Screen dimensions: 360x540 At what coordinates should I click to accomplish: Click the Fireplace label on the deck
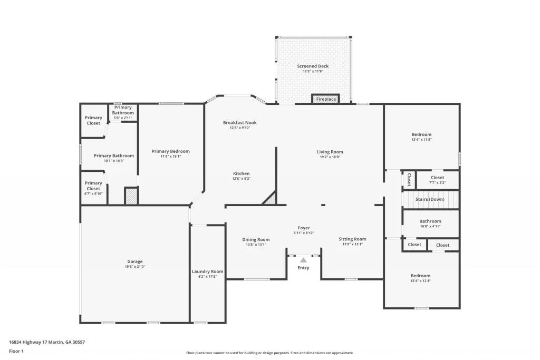coord(326,99)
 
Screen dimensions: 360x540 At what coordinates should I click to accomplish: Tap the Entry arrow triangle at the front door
coord(303,259)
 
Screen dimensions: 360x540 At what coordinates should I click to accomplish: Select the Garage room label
coord(135,261)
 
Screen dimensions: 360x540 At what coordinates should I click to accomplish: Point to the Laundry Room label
coord(207,271)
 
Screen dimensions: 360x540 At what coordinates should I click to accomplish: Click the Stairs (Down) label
coord(430,199)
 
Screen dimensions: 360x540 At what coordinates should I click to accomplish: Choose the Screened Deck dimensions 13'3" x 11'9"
coord(313,71)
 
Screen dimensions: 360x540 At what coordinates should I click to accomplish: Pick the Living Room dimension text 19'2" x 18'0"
coord(330,157)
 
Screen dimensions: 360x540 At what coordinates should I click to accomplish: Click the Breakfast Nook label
coord(239,123)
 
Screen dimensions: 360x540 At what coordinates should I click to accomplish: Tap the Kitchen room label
coord(242,173)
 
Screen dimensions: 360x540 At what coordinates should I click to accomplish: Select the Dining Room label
coord(256,239)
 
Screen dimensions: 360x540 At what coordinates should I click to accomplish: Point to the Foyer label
coord(304,228)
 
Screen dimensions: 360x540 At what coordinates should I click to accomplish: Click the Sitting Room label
coord(352,239)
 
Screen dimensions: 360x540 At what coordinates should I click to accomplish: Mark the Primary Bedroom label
coord(170,151)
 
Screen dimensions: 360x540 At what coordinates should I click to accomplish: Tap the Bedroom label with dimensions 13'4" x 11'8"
coord(421,134)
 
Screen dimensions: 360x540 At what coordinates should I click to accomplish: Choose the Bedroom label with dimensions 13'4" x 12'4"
coord(421,276)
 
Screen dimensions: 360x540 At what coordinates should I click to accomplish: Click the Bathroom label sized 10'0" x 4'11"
coord(430,221)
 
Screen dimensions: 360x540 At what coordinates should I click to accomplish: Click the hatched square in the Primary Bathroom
coord(131,196)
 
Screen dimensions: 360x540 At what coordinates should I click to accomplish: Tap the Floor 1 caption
coord(16,351)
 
